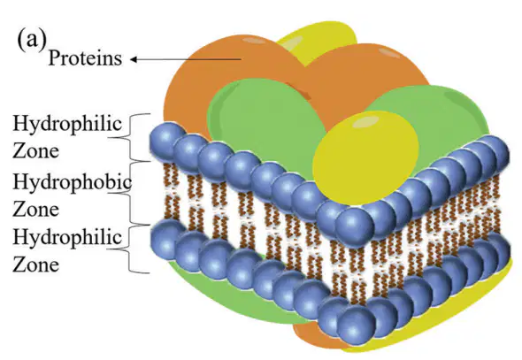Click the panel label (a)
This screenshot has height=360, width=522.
pyautogui.click(x=31, y=41)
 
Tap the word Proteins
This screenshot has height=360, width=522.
pyautogui.click(x=85, y=57)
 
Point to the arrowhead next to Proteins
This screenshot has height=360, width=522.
pyautogui.click(x=134, y=59)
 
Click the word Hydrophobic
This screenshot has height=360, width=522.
pyautogui.click(x=72, y=183)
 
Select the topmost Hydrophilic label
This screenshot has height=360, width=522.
pyautogui.click(x=67, y=124)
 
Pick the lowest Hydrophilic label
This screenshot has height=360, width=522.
pyautogui.click(x=67, y=238)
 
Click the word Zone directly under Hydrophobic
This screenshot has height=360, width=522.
pyautogui.click(x=36, y=210)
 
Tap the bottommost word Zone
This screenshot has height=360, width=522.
pyautogui.click(x=36, y=265)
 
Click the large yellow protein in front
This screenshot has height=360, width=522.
pyautogui.click(x=365, y=157)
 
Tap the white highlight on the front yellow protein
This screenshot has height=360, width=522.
pyautogui.click(x=365, y=122)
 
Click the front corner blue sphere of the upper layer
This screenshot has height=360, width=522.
pyautogui.click(x=355, y=227)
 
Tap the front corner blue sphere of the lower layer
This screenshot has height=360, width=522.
pyautogui.click(x=357, y=326)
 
